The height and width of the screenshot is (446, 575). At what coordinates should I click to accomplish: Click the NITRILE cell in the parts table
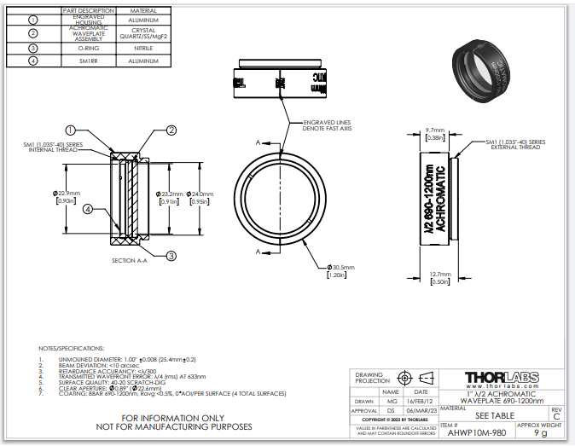143,48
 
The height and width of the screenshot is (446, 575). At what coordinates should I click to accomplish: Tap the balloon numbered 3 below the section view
171,255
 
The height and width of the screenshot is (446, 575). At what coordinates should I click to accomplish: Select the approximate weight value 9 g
540,432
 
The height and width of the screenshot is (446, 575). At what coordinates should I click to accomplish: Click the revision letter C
555,416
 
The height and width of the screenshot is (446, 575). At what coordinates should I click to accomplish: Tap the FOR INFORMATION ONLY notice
175,417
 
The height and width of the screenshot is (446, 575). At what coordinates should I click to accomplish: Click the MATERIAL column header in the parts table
143,10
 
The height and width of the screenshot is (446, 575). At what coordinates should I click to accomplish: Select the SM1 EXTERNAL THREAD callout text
515,144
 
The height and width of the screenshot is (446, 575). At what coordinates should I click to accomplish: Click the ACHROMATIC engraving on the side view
441,198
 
